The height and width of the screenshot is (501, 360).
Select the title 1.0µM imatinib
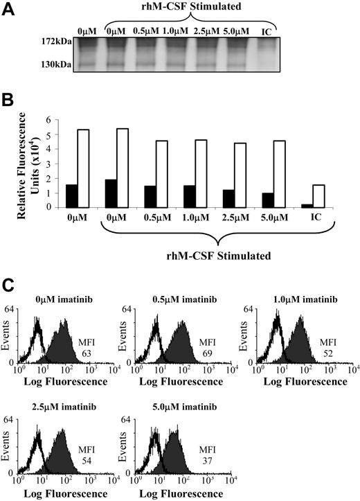[297, 299]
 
